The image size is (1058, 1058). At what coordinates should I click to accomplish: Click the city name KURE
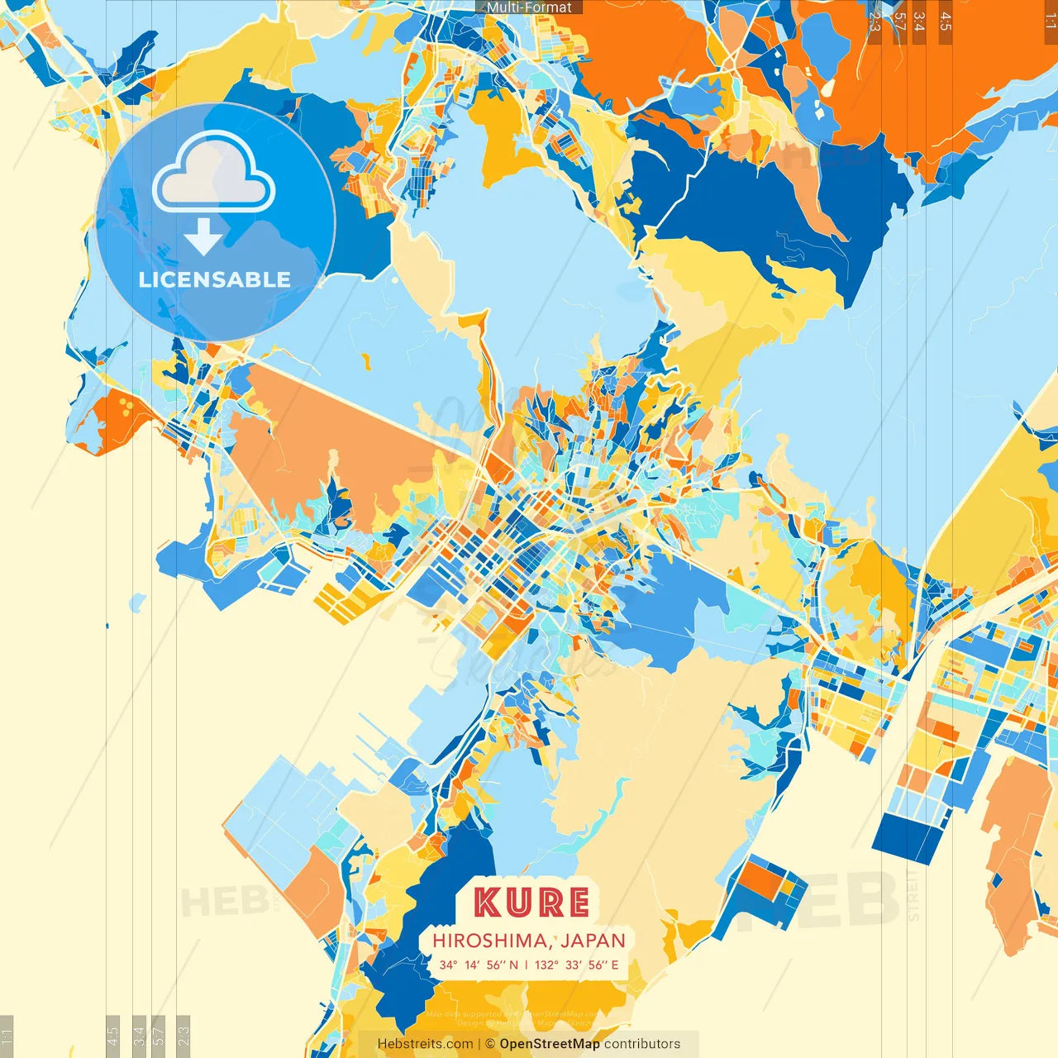click(531, 903)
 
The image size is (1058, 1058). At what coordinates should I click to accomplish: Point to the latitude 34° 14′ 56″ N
click(479, 965)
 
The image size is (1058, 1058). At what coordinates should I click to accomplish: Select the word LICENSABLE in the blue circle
click(214, 279)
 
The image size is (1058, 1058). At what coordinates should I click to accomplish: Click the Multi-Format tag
click(529, 7)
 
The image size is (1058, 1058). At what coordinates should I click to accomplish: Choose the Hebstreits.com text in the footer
click(425, 1044)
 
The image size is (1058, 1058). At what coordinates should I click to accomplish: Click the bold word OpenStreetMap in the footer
click(549, 1044)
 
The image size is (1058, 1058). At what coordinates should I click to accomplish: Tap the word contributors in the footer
click(642, 1044)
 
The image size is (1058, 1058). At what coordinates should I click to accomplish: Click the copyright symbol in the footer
click(489, 1044)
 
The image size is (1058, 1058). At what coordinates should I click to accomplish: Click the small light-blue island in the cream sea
click(137, 602)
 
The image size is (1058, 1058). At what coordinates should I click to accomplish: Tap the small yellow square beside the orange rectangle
click(790, 889)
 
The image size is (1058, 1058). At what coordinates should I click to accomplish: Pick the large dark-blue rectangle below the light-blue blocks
click(908, 837)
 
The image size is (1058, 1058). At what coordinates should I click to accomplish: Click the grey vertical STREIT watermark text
click(913, 894)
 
